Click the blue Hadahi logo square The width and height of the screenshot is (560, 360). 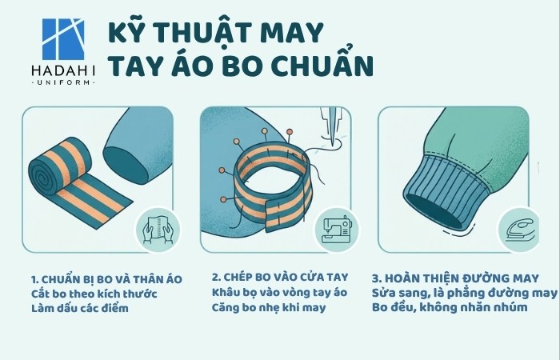pyautogui.click(x=63, y=38)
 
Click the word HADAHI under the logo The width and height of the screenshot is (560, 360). pyautogui.click(x=63, y=70)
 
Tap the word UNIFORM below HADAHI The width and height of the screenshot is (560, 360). pyautogui.click(x=63, y=83)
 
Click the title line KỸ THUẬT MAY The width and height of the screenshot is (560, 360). pyautogui.click(x=215, y=34)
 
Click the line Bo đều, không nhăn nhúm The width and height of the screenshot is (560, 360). pyautogui.click(x=450, y=308)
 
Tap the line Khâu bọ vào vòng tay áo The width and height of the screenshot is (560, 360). pyautogui.click(x=280, y=294)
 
